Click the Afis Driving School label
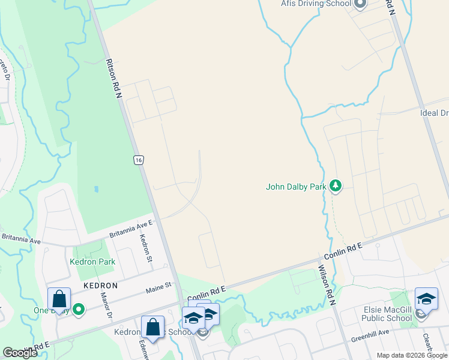tap(316, 4)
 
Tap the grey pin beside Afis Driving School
tap(360, 4)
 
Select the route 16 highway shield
tap(139, 160)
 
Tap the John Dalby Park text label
tap(296, 187)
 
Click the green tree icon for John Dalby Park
tap(336, 187)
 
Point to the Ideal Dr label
tap(435, 113)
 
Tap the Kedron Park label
tap(92, 262)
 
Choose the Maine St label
tap(160, 289)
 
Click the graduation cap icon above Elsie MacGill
tap(426, 298)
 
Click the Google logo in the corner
tap(20, 353)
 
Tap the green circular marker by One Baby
tap(78, 310)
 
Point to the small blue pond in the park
tap(96, 190)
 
